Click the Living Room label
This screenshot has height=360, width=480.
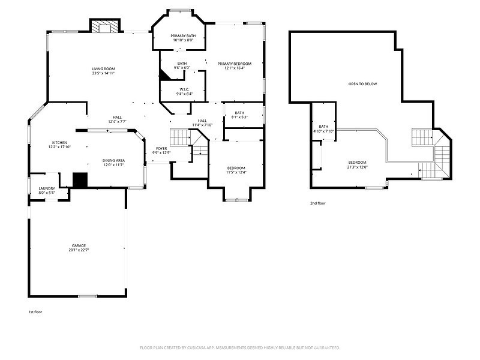[x=103, y=69]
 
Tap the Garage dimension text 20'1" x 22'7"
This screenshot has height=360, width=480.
[x=79, y=250]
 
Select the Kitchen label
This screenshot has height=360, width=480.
[x=59, y=143]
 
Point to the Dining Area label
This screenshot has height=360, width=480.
[x=113, y=160]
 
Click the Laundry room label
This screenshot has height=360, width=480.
[x=47, y=188]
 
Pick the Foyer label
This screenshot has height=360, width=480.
[x=161, y=148]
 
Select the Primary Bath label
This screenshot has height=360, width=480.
[x=183, y=36]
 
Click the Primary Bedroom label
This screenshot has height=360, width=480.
[x=234, y=64]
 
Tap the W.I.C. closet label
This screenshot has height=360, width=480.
[x=184, y=89]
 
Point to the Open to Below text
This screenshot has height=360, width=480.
[x=362, y=84]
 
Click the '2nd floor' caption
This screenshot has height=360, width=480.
[x=317, y=203]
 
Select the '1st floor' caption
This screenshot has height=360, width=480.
[x=35, y=312]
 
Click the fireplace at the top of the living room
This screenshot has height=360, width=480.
[x=105, y=26]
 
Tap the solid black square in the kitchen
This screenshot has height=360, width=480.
[x=80, y=180]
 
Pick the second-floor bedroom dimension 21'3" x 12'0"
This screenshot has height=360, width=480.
[x=358, y=167]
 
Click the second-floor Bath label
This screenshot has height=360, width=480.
[x=323, y=127]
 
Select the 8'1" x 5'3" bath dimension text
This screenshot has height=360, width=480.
[x=239, y=117]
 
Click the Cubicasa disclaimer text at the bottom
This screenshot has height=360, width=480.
[x=240, y=347]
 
